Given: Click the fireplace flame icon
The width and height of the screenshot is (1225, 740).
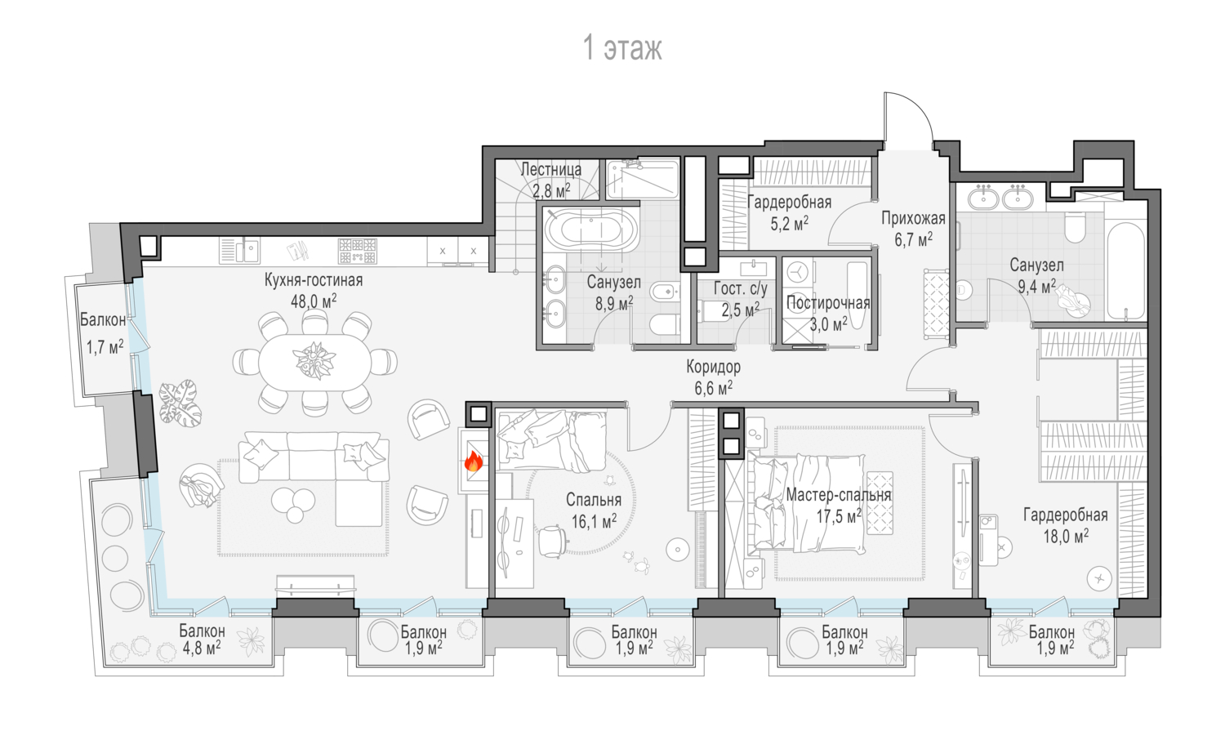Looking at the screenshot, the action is (x=474, y=461).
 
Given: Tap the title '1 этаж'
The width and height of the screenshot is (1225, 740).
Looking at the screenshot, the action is (x=622, y=47).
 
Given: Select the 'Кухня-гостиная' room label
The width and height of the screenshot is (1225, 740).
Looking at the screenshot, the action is (x=314, y=280).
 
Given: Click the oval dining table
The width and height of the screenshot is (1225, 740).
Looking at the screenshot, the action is (x=314, y=363).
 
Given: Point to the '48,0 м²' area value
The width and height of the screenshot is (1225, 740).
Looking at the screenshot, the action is (x=314, y=301).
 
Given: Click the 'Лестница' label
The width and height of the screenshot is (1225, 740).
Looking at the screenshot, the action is (x=550, y=170).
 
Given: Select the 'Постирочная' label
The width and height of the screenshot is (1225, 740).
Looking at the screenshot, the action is (x=828, y=303).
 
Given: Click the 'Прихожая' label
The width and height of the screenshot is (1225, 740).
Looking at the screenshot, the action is (x=913, y=219).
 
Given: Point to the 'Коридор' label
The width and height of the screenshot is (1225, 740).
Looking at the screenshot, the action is (x=714, y=367).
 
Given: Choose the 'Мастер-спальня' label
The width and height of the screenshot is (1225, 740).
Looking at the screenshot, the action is (x=839, y=495).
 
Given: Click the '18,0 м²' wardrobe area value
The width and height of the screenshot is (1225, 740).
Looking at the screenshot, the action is (x=1066, y=536).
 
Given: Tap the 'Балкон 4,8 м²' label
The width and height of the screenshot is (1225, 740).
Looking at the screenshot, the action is (x=202, y=640).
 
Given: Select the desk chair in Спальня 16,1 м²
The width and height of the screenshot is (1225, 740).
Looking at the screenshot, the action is (x=552, y=542).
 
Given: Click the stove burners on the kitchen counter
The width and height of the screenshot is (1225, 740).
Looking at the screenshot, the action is (x=358, y=251).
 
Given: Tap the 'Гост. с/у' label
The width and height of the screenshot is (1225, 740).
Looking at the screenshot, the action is (x=741, y=288).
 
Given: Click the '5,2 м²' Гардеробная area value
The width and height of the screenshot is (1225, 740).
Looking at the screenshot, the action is (x=790, y=223).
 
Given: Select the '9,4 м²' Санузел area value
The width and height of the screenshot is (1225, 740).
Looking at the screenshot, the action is (x=1037, y=286).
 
